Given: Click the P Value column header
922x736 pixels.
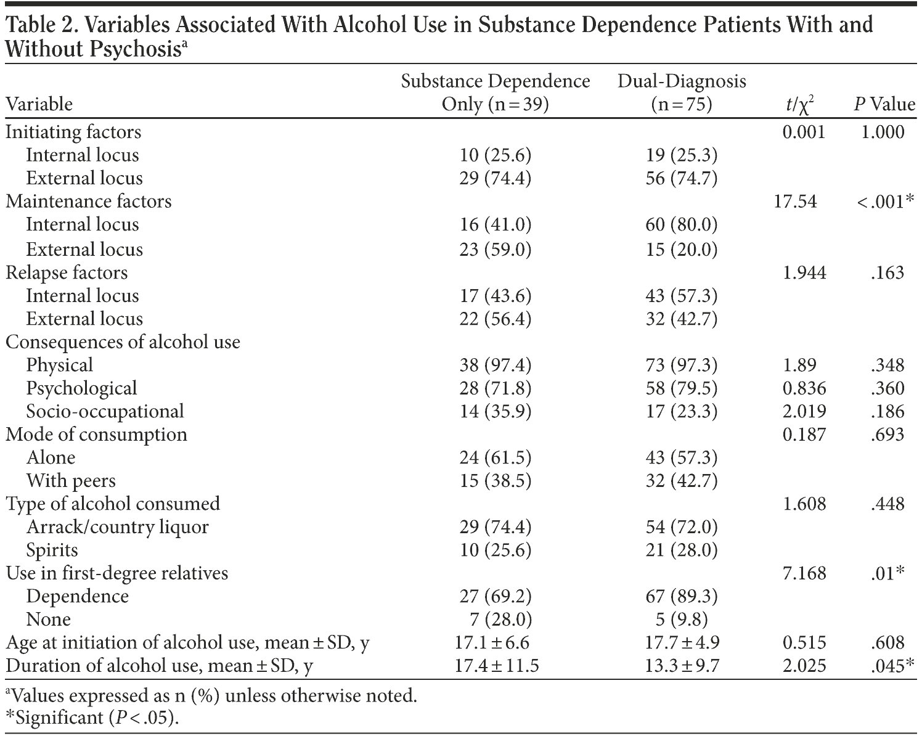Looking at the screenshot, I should tap(884, 104).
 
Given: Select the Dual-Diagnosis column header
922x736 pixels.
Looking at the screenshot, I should tap(682, 92).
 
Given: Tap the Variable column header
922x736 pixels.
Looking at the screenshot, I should tap(39, 104).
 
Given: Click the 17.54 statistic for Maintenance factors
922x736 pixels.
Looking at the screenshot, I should tap(795, 201).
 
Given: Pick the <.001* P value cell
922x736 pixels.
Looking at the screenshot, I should tap(884, 201).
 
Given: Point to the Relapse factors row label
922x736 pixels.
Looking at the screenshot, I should tap(67, 272).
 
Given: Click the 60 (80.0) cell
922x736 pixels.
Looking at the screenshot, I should tap(682, 225).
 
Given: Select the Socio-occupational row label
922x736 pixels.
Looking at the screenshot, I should tap(105, 411).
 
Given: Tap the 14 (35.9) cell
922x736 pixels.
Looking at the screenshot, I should tap(495, 411).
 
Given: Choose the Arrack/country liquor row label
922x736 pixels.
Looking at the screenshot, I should tap(118, 527).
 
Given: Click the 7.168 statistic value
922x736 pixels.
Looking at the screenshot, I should tap(804, 573).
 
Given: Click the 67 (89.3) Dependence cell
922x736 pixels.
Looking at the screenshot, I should tap(682, 596).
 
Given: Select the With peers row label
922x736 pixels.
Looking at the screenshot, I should tap(71, 481).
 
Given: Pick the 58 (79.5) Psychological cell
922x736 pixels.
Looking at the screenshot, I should tap(682, 388).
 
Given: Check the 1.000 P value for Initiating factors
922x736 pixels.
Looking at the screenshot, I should tap(883, 132).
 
